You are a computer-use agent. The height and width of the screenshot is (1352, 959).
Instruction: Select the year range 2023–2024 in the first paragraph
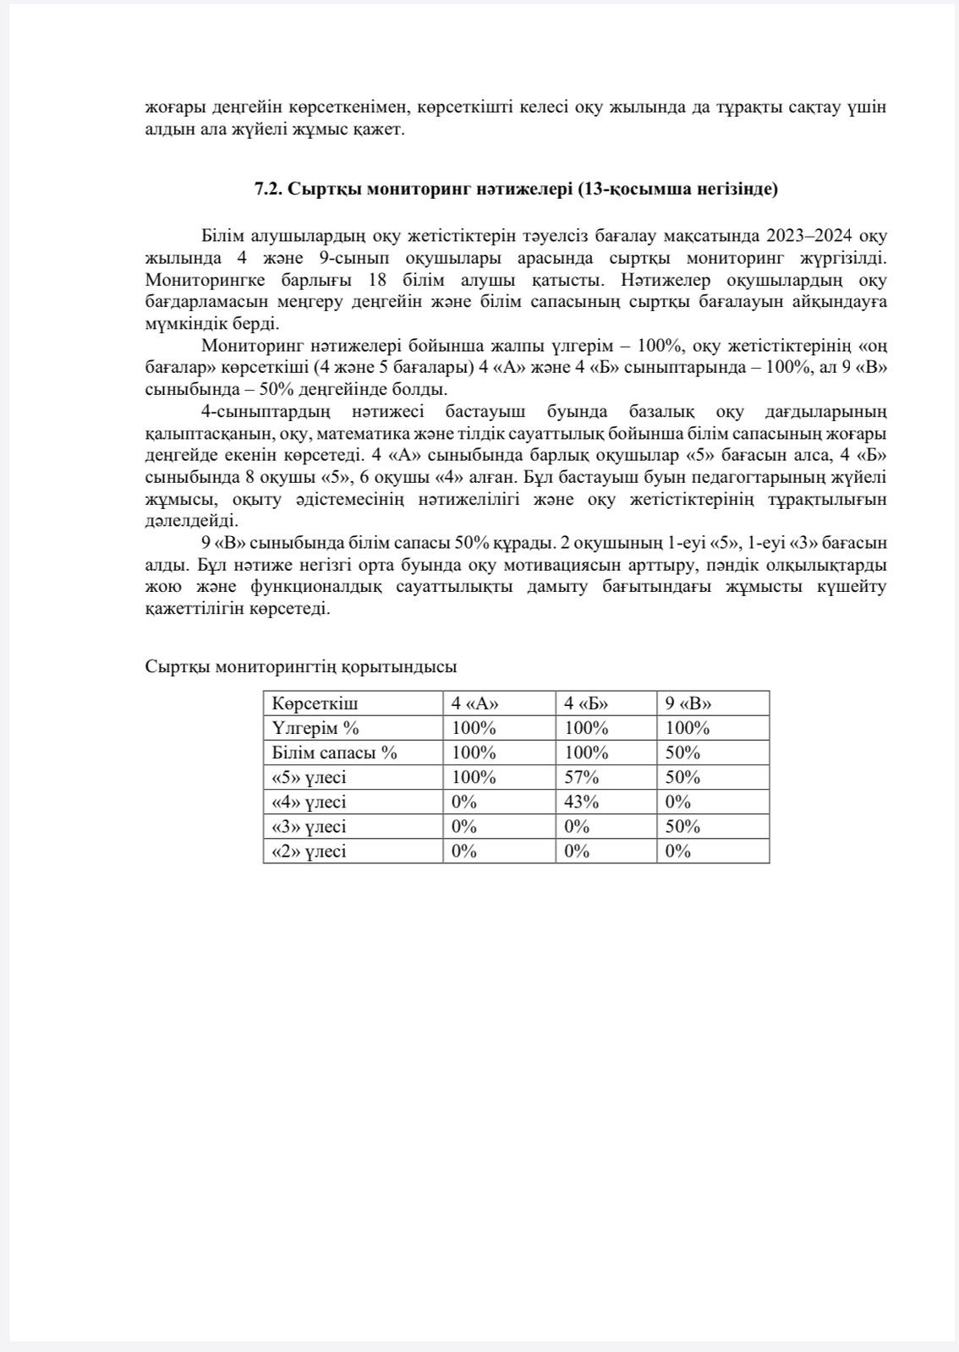click(813, 235)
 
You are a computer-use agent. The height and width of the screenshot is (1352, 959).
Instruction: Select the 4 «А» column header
click(475, 703)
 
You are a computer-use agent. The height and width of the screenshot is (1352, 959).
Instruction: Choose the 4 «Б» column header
click(586, 703)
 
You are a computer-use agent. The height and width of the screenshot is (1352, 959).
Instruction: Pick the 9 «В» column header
click(688, 703)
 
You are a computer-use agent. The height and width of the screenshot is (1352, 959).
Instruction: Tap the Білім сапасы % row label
click(334, 753)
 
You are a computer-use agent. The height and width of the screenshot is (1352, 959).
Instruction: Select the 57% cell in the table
click(581, 777)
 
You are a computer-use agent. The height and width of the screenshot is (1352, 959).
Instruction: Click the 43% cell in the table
click(581, 802)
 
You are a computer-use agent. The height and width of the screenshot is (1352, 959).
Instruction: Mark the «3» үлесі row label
click(309, 826)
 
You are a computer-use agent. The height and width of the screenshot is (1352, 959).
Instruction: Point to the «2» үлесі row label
click(309, 851)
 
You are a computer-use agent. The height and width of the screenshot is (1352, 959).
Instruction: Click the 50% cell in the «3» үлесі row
click(682, 826)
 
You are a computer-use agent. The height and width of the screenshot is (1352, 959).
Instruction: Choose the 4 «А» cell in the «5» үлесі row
click(474, 777)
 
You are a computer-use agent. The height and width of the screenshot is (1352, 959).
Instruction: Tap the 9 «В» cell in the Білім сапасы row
click(682, 753)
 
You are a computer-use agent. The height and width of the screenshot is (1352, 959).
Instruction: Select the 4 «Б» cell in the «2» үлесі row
click(577, 851)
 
